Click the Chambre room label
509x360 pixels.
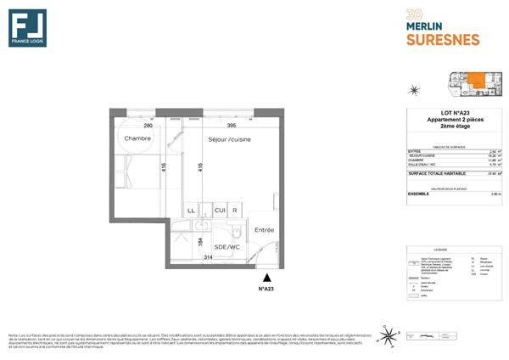[x=137, y=138]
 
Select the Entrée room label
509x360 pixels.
[x=265, y=228]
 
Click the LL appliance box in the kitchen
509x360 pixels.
[x=192, y=209]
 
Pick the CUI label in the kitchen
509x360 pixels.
[x=218, y=209]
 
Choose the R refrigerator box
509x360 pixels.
[x=235, y=209]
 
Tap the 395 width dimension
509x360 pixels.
[x=219, y=126]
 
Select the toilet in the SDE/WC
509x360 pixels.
[x=238, y=231]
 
